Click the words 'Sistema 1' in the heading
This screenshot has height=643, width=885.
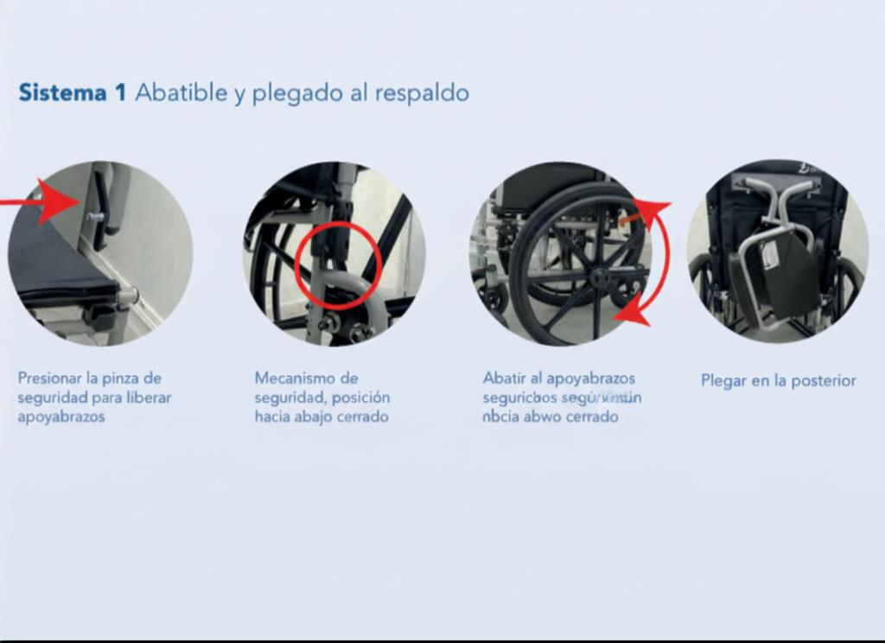pos(73,92)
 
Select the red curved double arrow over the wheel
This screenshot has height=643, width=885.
pos(656,259)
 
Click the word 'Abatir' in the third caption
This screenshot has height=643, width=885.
pos(501,379)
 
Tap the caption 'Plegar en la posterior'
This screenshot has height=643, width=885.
pos(778,380)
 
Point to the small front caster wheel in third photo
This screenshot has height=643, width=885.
pos(493,298)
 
